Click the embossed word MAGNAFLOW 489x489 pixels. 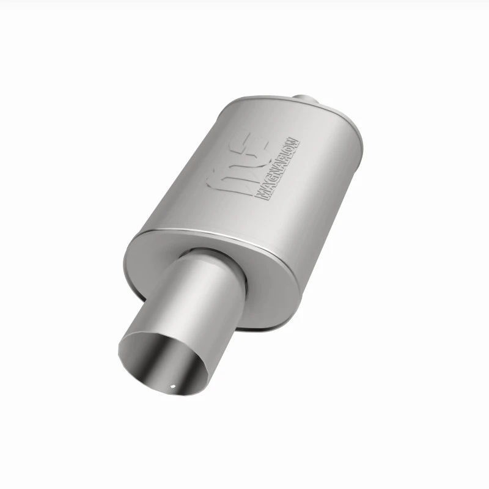[278, 169]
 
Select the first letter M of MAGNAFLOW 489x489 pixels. [262, 194]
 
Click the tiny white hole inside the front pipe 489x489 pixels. [173, 387]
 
